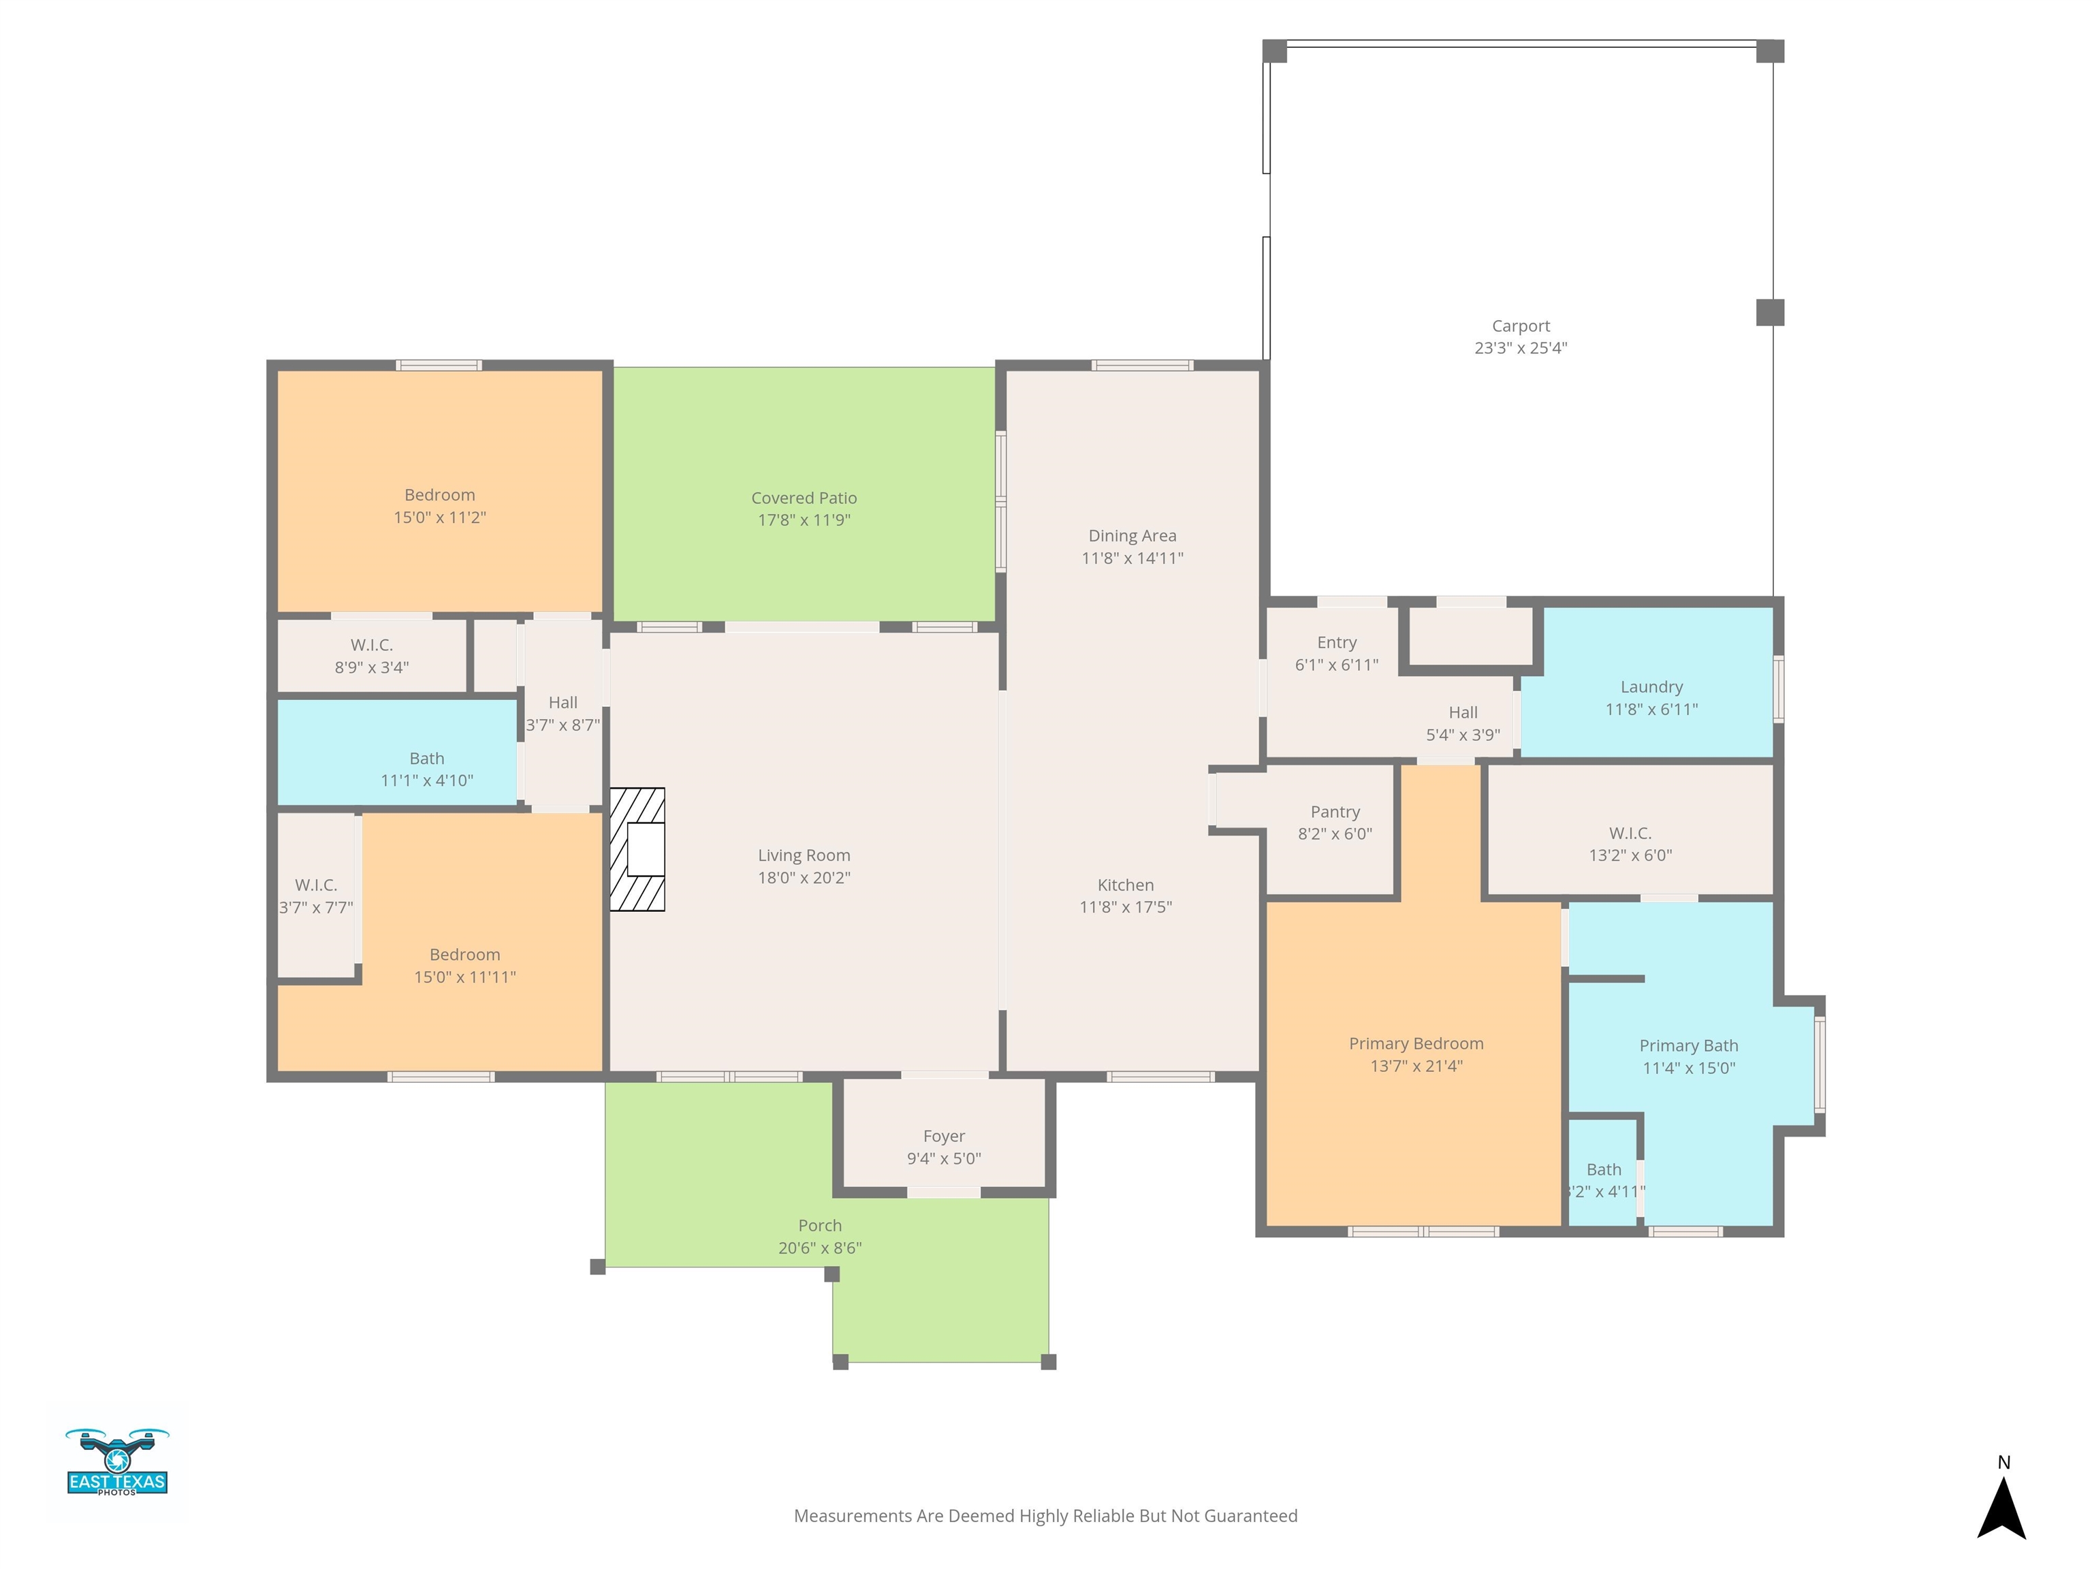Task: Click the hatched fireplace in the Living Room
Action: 637,849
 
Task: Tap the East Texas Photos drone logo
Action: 117,1461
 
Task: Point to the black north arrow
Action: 2001,1508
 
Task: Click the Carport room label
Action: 1521,326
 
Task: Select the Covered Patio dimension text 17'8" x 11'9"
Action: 804,520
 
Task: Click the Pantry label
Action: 1335,812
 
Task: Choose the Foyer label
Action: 944,1136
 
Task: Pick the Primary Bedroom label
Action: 1416,1044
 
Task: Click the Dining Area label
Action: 1132,536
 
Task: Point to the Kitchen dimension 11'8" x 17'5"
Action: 1126,907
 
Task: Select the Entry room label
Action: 1336,643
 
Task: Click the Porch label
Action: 819,1226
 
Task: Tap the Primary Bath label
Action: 1688,1046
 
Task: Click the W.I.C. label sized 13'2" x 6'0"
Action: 1630,834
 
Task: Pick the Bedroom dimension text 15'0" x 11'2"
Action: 440,518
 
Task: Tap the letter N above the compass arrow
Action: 2003,1462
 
